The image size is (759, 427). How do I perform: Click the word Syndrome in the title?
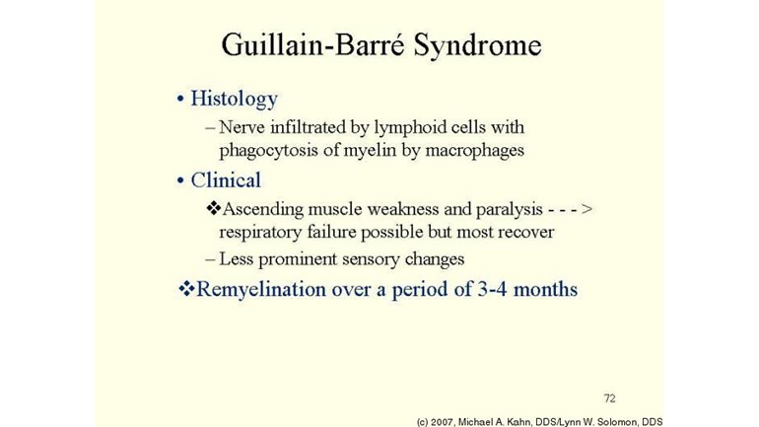[x=477, y=46]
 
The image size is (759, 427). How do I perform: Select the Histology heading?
[x=235, y=100]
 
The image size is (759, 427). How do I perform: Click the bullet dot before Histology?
[x=180, y=100]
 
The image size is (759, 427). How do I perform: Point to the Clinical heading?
[x=226, y=180]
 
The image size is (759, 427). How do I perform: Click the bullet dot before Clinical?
[x=180, y=181]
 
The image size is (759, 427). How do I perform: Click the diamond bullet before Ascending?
[x=214, y=209]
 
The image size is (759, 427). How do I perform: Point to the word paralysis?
[x=510, y=210]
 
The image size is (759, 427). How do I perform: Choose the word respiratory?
[x=261, y=233]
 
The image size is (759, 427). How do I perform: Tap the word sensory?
[x=372, y=259]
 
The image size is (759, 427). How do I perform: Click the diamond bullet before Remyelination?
[x=186, y=289]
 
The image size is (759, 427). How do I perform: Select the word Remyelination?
[x=261, y=290]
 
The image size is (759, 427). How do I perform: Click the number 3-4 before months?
[x=493, y=290]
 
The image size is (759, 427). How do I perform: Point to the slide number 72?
[x=610, y=398]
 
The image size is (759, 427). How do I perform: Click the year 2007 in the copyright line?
[x=442, y=422]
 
